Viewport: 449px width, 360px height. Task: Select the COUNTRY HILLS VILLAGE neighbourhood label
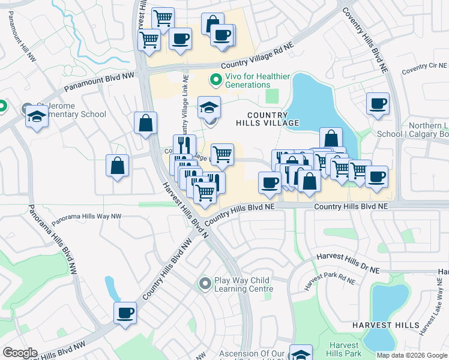[x=272, y=118]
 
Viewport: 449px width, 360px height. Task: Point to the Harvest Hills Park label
[x=345, y=350]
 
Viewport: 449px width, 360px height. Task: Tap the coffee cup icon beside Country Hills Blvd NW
[x=125, y=313]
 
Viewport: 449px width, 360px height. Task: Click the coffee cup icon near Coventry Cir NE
[x=378, y=104]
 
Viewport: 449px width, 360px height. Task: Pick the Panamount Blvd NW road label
[x=98, y=83]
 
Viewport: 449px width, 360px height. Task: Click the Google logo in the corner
[x=20, y=353]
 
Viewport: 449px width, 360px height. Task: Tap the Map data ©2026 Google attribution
[x=412, y=355]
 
